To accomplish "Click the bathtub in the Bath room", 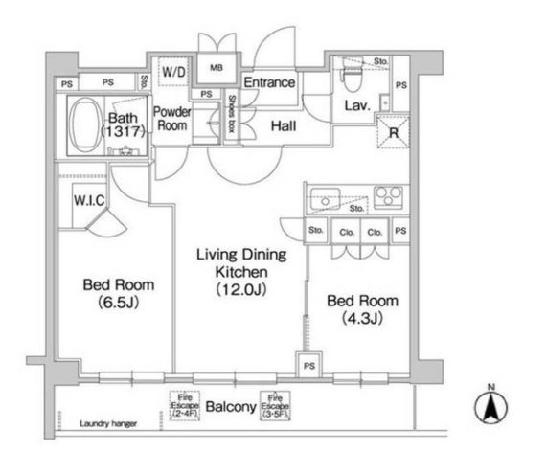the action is click(85, 124).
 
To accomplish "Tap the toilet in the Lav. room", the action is click(353, 74).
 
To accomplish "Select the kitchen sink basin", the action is click(325, 199).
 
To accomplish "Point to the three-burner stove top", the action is click(388, 196).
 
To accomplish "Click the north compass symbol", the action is click(491, 405).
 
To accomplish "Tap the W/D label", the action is click(173, 72).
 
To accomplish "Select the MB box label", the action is click(217, 68).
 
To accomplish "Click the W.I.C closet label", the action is click(89, 200).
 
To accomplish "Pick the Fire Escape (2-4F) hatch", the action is click(185, 406).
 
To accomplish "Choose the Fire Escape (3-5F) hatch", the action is click(275, 406).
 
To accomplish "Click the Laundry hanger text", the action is click(108, 424).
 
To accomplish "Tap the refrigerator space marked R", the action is click(393, 132).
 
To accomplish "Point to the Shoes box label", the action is click(231, 114).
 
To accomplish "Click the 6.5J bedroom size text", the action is click(119, 302).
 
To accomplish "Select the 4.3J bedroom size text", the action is click(363, 318).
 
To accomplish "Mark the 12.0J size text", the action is click(241, 289).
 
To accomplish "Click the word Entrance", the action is click(269, 82).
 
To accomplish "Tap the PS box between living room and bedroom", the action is click(309, 365).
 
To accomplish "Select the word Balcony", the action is click(231, 407).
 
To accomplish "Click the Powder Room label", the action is click(172, 119).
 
